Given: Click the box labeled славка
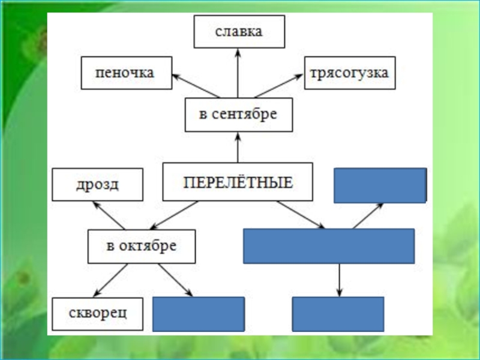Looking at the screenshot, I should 239,32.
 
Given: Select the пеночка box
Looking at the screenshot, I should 127,73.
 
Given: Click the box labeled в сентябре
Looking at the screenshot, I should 238,115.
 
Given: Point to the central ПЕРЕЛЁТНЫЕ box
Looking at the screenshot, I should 238,181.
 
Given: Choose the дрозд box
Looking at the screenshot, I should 97,184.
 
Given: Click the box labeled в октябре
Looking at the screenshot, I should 142,246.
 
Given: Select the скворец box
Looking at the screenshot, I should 97,314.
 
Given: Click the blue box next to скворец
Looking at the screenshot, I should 198,314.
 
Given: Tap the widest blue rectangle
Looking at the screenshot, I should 328,246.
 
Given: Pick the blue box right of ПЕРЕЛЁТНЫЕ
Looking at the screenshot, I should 380,185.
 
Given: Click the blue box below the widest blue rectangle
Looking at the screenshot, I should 338,314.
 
